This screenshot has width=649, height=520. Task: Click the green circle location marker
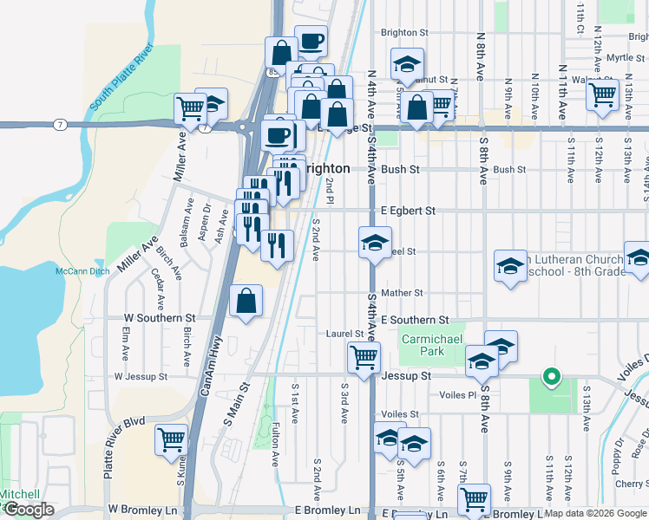[x=549, y=376]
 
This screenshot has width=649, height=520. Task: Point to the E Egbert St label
[x=406, y=211]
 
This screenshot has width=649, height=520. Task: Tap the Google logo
[x=29, y=510]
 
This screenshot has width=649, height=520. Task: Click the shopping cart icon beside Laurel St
[x=364, y=355]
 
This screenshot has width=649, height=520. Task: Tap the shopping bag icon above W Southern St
[x=246, y=302]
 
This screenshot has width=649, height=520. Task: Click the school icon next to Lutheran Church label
[x=510, y=265]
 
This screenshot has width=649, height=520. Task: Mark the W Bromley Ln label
[x=141, y=510]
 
